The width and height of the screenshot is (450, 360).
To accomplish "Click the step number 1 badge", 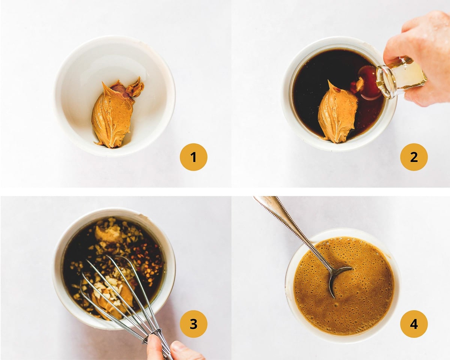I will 193,157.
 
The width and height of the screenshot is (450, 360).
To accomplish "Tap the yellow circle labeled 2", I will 414,157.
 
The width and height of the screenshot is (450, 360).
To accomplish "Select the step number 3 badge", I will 193,324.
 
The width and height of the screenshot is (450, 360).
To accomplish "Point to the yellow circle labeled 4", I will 414,324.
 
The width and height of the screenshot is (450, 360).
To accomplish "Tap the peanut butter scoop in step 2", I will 337,112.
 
